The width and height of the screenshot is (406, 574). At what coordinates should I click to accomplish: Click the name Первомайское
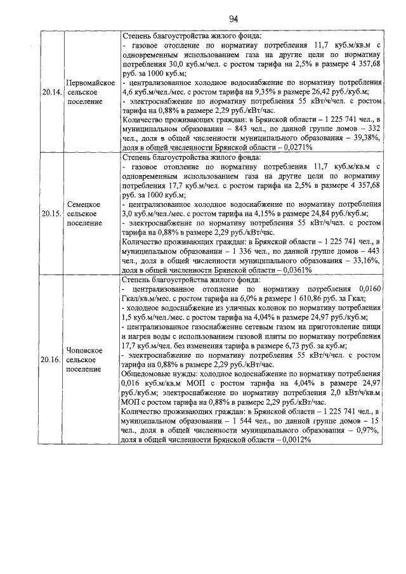coord(90,84)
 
